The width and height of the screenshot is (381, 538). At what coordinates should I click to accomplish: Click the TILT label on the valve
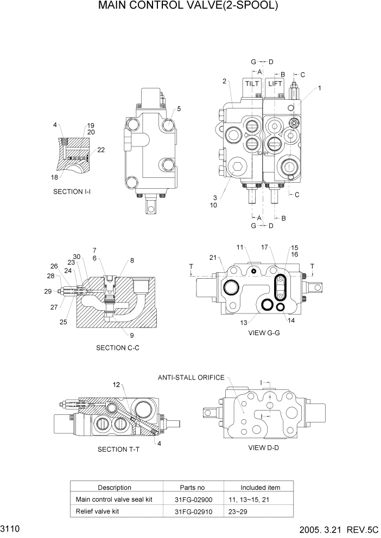coord(252,84)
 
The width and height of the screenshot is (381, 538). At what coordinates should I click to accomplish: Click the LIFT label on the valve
coord(275,84)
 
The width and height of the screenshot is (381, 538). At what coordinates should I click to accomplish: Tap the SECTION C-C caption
coord(118,348)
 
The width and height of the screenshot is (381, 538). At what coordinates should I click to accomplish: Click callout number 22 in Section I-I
coord(101,150)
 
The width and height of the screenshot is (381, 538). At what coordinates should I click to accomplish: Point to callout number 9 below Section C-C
coord(131,335)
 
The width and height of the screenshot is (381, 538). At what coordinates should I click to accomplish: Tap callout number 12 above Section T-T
coord(116,385)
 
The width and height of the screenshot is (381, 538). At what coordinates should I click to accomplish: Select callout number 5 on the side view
coord(179,108)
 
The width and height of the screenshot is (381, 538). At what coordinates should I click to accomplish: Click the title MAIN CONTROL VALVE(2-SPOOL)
coord(188,7)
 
